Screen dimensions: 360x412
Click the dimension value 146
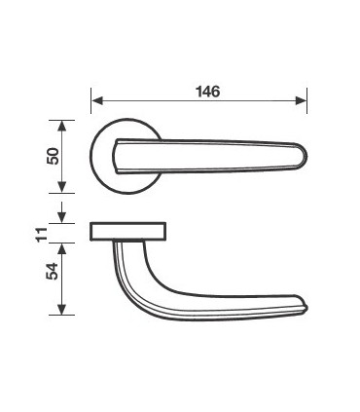pos(208,92)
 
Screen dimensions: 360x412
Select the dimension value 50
pos(53,156)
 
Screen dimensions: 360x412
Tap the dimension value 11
pos(42,235)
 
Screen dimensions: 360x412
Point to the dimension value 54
pos(53,271)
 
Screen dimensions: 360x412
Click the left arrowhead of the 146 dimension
pos(97,100)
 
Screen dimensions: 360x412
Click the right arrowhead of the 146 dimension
pos(301,100)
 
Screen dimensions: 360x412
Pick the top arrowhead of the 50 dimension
pos(61,126)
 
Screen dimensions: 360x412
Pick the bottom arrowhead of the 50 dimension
pos(61,187)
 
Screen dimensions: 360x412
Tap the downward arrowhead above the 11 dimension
pos(61,217)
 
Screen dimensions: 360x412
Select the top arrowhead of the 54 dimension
pos(61,248)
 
